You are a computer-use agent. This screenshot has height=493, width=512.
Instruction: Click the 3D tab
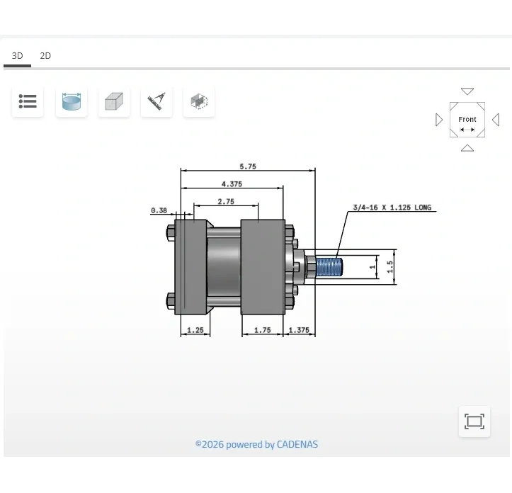coord(17,56)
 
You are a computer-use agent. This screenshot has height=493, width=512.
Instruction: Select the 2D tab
coord(45,56)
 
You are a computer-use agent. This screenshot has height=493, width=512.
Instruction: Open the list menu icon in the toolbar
coord(28,102)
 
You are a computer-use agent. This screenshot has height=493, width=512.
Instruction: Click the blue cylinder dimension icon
coord(72,102)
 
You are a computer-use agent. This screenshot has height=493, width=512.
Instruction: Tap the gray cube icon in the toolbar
coord(114,102)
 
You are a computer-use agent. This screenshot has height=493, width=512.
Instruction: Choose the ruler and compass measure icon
coord(157,102)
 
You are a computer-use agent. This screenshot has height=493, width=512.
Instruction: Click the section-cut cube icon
coord(199,102)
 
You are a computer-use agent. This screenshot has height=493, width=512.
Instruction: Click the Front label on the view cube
coord(467,120)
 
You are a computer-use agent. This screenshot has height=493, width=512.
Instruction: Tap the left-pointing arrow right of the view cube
coord(496,120)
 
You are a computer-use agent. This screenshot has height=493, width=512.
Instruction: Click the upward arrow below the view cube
coord(467,148)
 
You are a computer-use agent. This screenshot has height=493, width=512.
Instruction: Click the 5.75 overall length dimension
coord(248,166)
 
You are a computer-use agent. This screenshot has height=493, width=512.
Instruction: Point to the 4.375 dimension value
coord(232,184)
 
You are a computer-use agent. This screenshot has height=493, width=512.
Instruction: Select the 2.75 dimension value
coord(226,202)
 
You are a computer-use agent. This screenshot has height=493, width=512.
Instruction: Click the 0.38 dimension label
coord(159,210)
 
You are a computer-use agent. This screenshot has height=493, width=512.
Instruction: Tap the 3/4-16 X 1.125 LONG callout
coord(392,208)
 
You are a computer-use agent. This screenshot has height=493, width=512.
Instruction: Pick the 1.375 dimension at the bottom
coord(299,330)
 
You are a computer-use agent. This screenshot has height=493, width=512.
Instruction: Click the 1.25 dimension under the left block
coord(195,330)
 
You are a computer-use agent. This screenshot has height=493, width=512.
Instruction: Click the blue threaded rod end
coord(329,267)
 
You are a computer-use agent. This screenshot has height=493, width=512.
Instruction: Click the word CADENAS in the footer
coord(297,445)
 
